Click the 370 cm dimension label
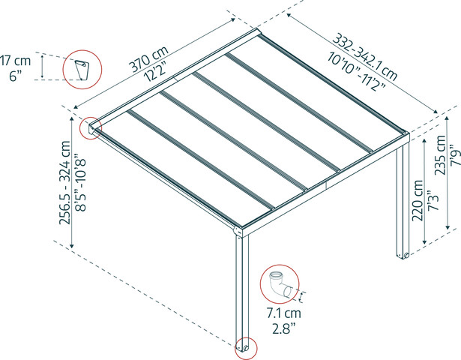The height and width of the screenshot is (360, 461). click(x=149, y=58)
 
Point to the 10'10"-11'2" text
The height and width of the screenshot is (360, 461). click(x=356, y=70)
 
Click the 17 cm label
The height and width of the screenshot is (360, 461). click(x=15, y=61)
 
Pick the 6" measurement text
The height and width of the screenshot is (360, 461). click(x=16, y=76)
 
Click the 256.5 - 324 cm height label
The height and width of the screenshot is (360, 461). click(x=65, y=182)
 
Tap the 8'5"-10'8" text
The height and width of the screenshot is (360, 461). click(x=80, y=182)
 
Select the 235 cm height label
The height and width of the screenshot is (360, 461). click(x=441, y=155)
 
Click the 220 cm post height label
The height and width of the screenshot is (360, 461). click(x=418, y=200)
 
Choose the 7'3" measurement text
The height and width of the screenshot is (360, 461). click(x=433, y=199)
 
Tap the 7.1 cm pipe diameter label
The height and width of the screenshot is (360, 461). click(x=283, y=313)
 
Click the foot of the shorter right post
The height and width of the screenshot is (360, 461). click(x=403, y=255)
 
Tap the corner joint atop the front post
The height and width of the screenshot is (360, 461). click(x=238, y=232)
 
